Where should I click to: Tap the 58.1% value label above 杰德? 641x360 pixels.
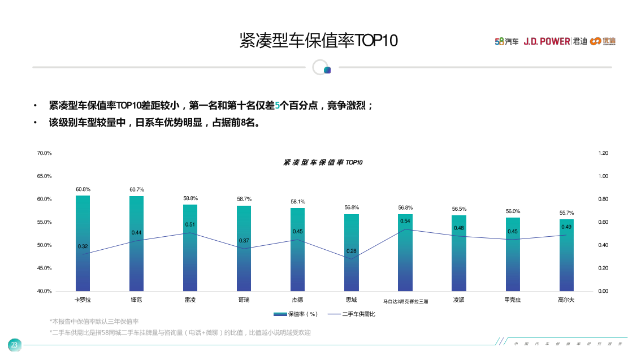pos(298,202)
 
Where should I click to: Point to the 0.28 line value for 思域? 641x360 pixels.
pos(352,251)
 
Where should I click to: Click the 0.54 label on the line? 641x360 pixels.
pos(405,221)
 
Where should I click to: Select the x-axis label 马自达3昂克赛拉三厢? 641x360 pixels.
pos(405,302)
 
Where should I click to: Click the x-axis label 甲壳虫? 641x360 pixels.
pos(512,300)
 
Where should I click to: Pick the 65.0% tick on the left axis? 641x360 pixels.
pos(44,176)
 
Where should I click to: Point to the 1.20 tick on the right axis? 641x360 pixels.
pos(603,153)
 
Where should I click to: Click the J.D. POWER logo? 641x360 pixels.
pos(547,41)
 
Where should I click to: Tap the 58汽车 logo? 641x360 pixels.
pos(506,41)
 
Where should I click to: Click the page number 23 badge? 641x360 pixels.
pos(14,345)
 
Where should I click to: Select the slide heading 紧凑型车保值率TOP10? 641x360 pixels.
pos(319,41)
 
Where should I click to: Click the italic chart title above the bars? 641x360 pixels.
pos(323,162)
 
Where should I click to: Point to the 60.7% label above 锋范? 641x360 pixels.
pos(137,190)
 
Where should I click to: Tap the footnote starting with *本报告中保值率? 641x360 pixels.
pos(94,322)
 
